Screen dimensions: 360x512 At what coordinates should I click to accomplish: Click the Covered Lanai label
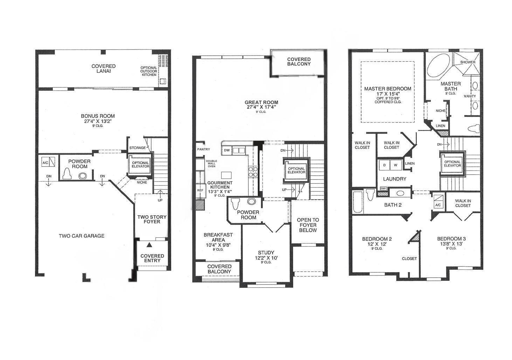point(103,68)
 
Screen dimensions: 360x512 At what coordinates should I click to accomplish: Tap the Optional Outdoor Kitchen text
point(148,71)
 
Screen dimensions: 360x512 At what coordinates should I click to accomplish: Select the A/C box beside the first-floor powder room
point(49,162)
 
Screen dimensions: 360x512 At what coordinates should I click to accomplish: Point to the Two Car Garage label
point(82,236)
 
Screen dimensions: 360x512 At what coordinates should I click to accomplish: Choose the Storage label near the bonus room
point(137,148)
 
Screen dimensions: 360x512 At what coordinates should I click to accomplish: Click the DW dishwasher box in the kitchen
point(227,150)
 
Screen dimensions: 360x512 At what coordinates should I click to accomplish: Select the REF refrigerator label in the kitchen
point(200,190)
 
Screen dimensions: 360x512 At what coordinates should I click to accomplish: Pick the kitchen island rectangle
point(226,175)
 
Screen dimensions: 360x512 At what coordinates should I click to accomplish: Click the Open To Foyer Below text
point(308,225)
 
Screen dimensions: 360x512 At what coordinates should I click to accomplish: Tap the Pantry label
point(203,149)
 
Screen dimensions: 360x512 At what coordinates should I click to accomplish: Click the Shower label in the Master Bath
point(468,62)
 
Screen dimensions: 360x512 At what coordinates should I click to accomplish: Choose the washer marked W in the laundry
point(396,165)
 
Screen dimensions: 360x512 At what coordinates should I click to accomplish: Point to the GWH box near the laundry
point(383,188)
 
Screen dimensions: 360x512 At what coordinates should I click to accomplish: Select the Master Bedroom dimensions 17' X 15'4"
point(387,94)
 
